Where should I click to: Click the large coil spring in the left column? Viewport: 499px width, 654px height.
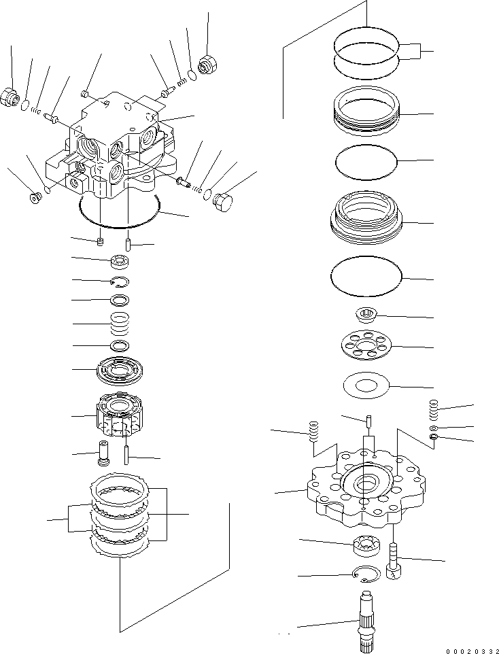[120, 323]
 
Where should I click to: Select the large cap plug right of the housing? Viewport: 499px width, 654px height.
[223, 201]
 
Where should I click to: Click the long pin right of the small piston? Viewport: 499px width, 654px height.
[128, 454]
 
